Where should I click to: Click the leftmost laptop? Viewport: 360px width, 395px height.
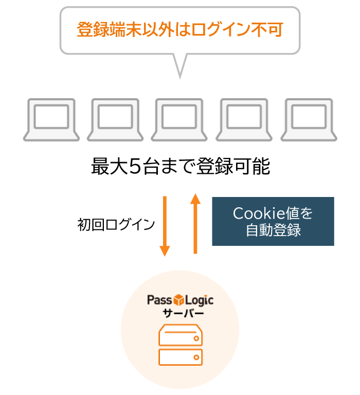coord(51,120)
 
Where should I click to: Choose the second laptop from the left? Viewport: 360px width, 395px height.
coord(115,120)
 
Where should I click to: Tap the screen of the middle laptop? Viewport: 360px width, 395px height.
coord(179,117)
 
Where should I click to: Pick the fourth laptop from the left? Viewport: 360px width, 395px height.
coord(244,120)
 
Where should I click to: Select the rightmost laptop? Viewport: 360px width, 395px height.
coord(309,120)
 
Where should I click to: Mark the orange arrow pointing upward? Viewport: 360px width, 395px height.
coord(195,223)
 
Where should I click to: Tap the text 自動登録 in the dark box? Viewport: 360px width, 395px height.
coord(273,230)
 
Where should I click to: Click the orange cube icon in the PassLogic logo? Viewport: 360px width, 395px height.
coord(179,300)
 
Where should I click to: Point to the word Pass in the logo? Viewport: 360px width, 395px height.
coord(159,300)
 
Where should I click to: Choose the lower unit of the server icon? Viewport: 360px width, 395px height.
coord(180,356)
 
